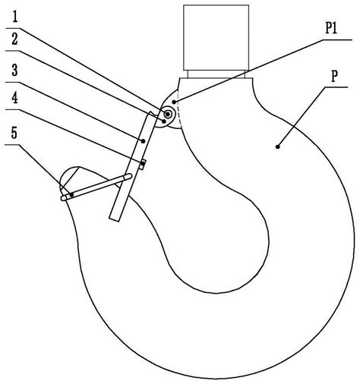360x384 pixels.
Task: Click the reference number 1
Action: tap(15, 18)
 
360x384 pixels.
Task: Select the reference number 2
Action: tap(15, 40)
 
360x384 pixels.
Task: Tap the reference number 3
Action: tap(15, 70)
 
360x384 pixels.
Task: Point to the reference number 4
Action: tap(15, 98)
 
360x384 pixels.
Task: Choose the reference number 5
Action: tap(14, 133)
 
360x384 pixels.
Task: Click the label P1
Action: tap(331, 29)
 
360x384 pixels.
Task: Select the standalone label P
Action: tap(334, 76)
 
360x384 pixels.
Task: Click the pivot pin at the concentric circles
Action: tap(167, 115)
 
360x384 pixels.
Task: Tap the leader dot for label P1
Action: tap(174, 102)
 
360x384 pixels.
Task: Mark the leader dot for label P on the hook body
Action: tap(278, 146)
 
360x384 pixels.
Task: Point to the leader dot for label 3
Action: tap(143, 141)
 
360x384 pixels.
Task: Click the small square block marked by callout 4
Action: tap(143, 165)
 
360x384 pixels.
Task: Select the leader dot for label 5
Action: tap(72, 194)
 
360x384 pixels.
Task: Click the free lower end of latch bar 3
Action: tap(114, 219)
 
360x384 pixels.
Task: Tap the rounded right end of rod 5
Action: tap(130, 176)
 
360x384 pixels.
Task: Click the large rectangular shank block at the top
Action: tap(216, 37)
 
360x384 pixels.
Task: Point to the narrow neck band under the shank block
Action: tap(216, 74)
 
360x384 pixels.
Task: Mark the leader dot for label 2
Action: tap(164, 121)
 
